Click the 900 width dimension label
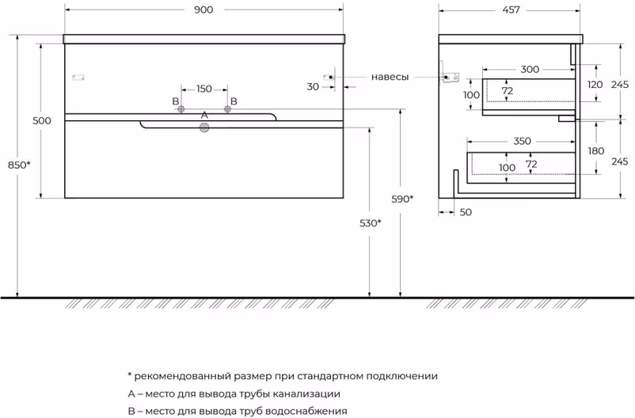click(x=203, y=9)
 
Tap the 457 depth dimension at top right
click(x=511, y=9)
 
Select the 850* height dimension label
click(x=19, y=165)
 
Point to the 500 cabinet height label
click(x=42, y=120)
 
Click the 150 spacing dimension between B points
click(x=204, y=89)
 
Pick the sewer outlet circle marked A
click(x=204, y=128)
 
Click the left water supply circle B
click(x=181, y=109)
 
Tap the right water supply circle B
click(x=227, y=109)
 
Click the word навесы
click(x=390, y=77)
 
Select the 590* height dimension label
click(x=402, y=199)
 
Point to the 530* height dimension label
click(x=371, y=222)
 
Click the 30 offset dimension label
click(x=313, y=86)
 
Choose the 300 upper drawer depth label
click(x=530, y=69)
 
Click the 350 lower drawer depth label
click(x=522, y=141)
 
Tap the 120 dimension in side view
click(x=595, y=85)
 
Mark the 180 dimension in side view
click(x=595, y=151)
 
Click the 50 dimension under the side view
click(x=466, y=212)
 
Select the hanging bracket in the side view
click(x=450, y=77)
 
